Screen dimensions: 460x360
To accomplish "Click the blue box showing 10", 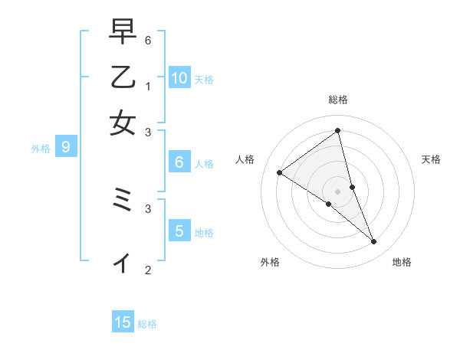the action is click(179, 77).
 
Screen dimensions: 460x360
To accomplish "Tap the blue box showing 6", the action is click(179, 162).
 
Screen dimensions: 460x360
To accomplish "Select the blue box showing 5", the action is click(179, 231).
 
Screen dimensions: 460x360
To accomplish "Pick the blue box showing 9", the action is click(66, 147).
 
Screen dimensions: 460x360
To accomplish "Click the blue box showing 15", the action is click(123, 322).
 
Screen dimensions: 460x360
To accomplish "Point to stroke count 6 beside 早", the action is click(148, 40).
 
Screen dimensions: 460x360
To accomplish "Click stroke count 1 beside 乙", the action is click(148, 85).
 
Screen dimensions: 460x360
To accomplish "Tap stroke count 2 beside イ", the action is click(148, 270).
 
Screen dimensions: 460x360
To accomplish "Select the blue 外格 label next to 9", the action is click(41, 149).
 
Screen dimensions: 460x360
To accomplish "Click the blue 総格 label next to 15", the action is click(147, 324).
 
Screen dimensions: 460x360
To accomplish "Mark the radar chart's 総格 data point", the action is click(338, 131).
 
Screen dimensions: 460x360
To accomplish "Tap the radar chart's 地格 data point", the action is click(374, 242).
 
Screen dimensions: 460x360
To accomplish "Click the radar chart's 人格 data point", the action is click(279, 172).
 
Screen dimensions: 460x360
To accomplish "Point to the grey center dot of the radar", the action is click(338, 191).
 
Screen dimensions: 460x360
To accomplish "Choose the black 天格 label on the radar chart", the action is click(431, 159).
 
